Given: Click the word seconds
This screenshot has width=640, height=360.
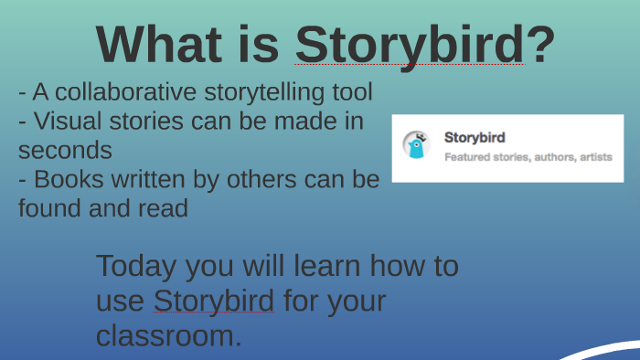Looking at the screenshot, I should click(65, 149).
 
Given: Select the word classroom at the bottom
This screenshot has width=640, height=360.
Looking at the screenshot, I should click(168, 334).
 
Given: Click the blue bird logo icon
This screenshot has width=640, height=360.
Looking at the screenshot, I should click(417, 146).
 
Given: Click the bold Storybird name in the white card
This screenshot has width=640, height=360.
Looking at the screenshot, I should click(475, 137).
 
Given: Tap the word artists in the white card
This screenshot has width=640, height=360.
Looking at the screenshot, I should click(591, 157).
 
